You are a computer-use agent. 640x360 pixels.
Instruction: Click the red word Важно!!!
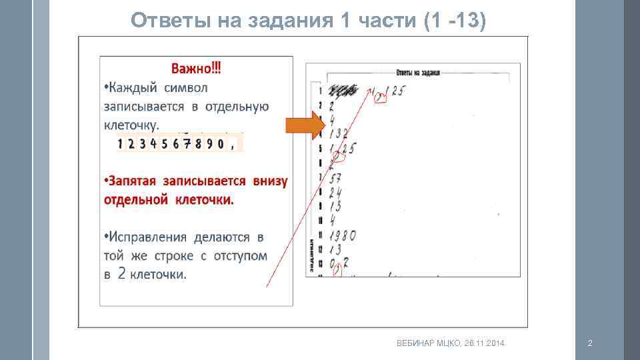click(x=197, y=68)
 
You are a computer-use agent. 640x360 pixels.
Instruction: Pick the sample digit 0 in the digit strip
click(x=219, y=143)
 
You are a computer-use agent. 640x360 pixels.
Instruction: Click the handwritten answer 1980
click(x=341, y=235)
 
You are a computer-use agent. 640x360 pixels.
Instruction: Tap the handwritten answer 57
click(x=335, y=177)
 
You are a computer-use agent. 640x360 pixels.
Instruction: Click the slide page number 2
click(x=589, y=343)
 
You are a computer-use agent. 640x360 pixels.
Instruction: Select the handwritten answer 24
click(x=335, y=191)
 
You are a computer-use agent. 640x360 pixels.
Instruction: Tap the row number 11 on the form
click(x=321, y=235)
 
